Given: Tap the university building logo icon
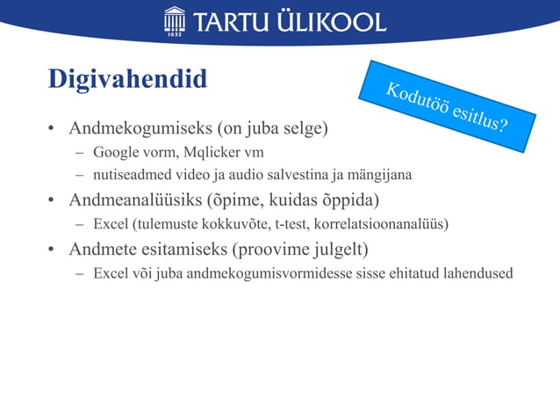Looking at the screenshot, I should click(175, 20).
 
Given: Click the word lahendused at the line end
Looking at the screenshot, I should click(475, 272).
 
